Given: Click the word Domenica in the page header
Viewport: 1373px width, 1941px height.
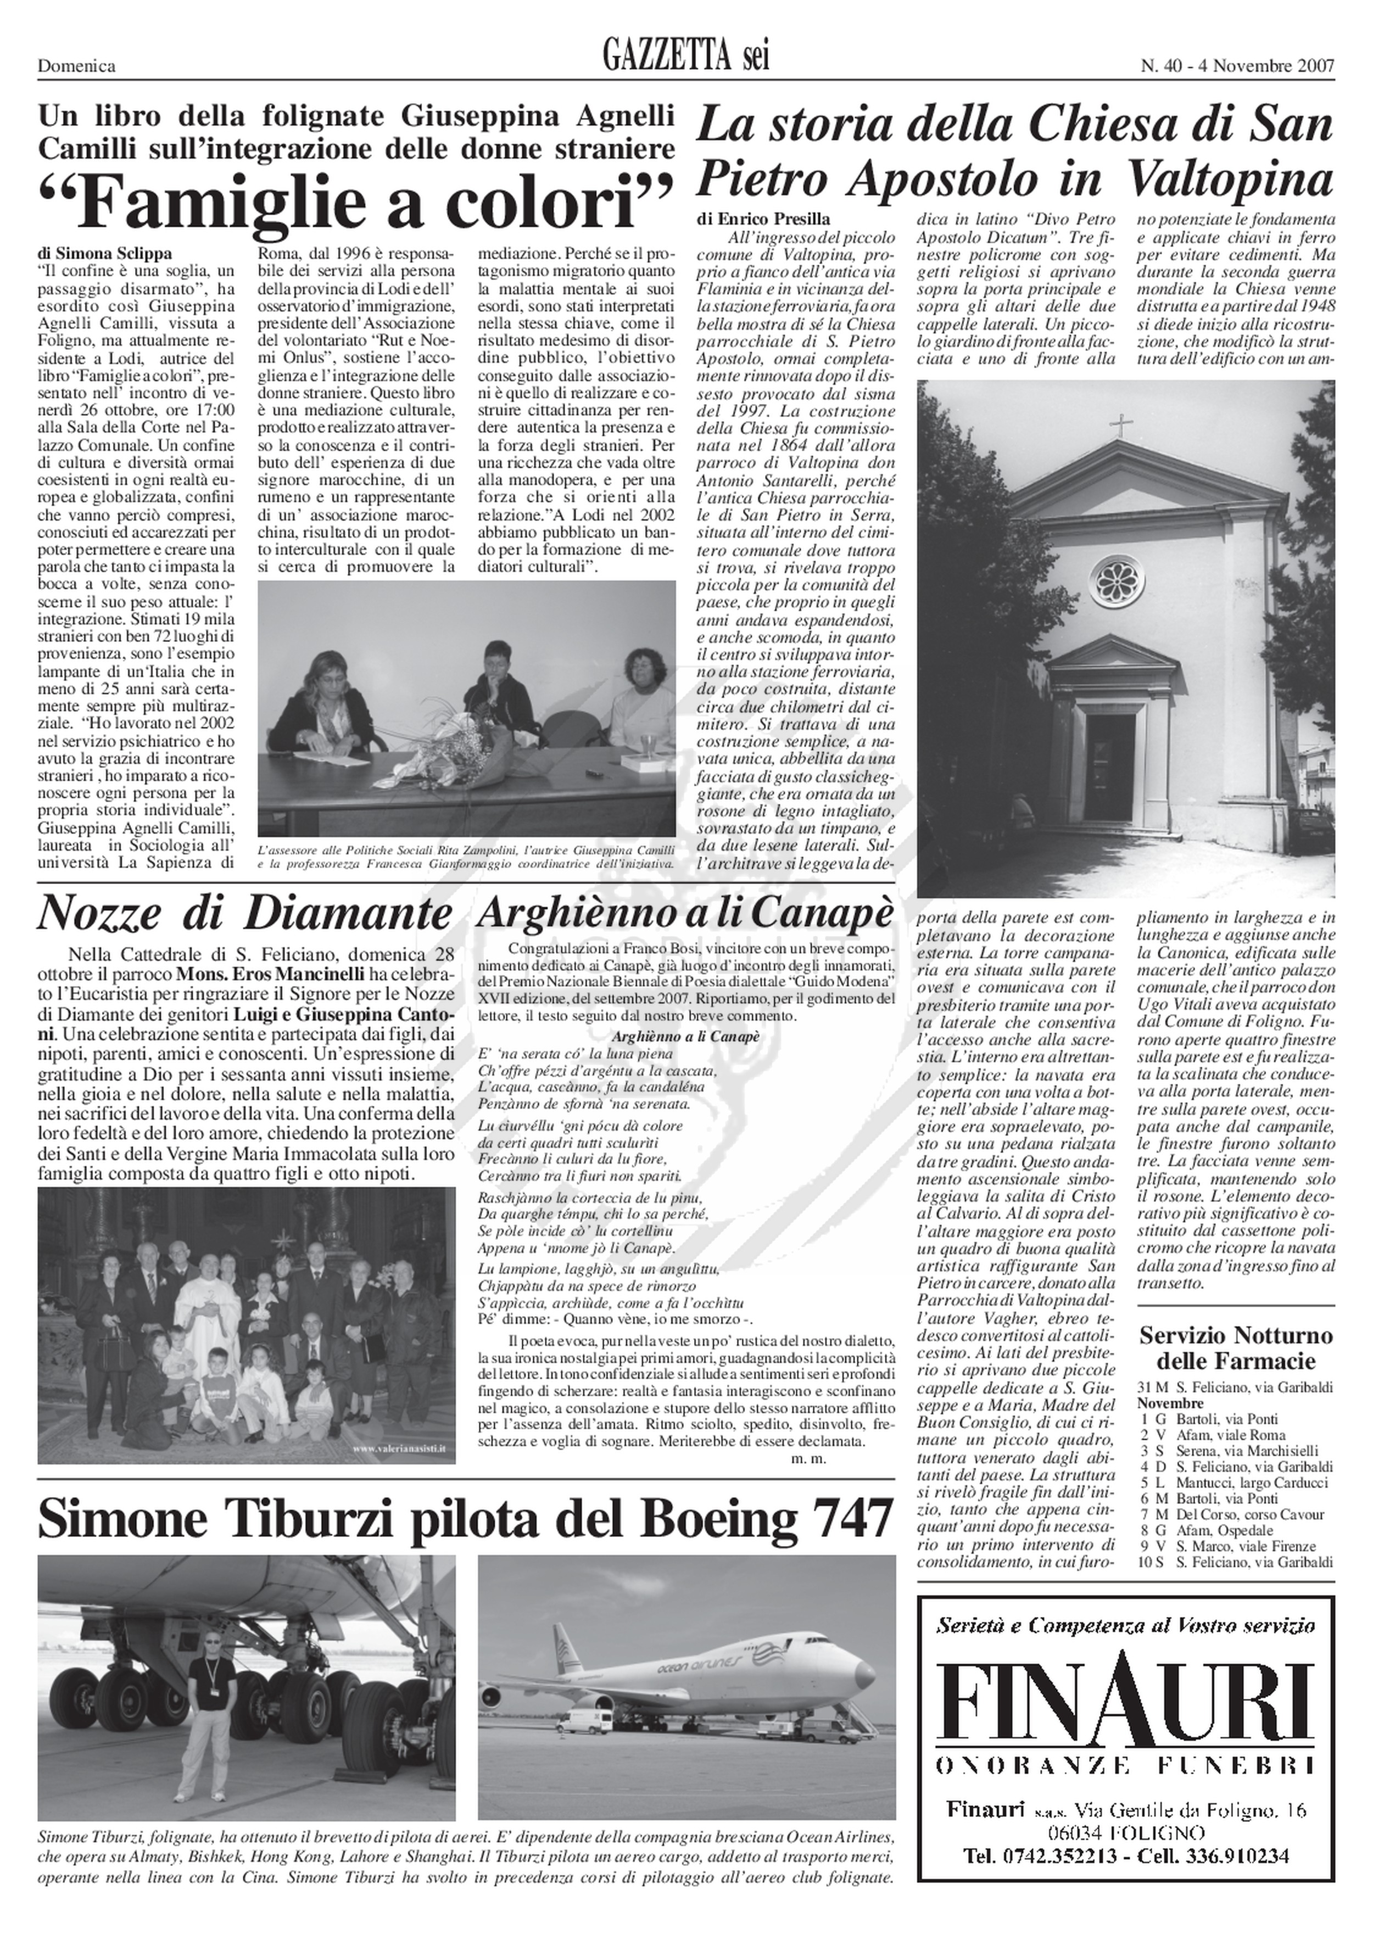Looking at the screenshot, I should tap(76, 66).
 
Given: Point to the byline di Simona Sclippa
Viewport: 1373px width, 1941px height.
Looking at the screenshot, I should tap(105, 253).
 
